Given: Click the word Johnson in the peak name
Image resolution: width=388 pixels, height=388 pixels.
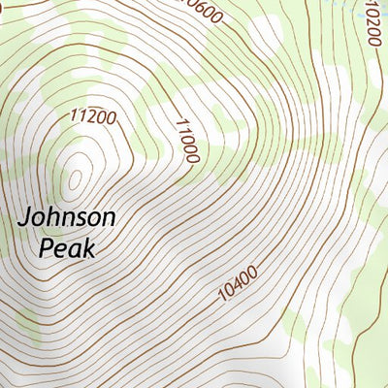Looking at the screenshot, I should click(68, 216).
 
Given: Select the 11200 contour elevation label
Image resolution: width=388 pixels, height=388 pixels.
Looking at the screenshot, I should click(93, 117).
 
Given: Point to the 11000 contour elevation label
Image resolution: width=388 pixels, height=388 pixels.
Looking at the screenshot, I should click(186, 140).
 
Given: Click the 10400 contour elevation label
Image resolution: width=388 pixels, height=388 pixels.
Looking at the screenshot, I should click(238, 283).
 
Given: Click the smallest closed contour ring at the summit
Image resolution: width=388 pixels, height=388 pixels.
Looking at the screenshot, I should click(76, 178).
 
